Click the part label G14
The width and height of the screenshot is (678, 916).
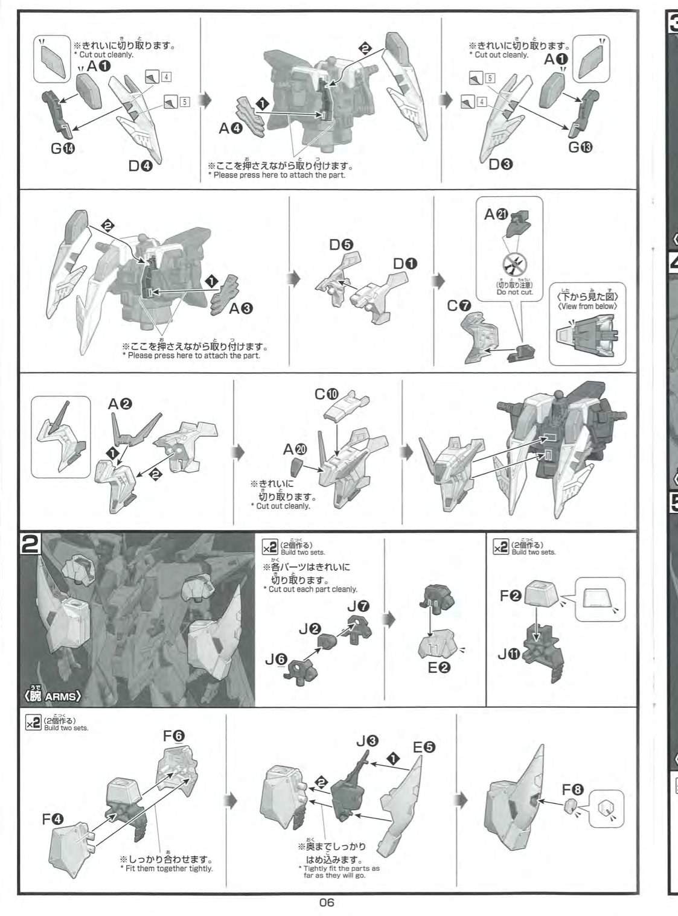pyautogui.click(x=63, y=148)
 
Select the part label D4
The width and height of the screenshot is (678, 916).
pyautogui.click(x=141, y=165)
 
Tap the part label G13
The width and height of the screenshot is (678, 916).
pyautogui.click(x=580, y=147)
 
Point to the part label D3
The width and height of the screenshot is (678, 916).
pyautogui.click(x=501, y=164)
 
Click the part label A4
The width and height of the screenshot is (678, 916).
pyautogui.click(x=231, y=129)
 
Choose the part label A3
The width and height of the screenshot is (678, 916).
pyautogui.click(x=241, y=308)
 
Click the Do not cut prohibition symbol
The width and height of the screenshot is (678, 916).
pyautogui.click(x=514, y=266)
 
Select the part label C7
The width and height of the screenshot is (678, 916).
pyautogui.click(x=459, y=306)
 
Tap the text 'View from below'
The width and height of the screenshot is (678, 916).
pyautogui.click(x=587, y=306)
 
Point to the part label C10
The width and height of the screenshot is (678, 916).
pyautogui.click(x=327, y=395)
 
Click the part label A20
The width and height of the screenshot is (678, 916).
pyautogui.click(x=295, y=450)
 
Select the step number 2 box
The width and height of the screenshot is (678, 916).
pyautogui.click(x=30, y=544)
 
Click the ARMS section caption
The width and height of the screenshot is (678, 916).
pyautogui.click(x=50, y=696)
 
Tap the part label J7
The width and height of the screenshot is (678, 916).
pyautogui.click(x=358, y=606)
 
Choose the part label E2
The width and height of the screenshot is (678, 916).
pyautogui.click(x=439, y=667)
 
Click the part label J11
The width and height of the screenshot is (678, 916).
pyautogui.click(x=510, y=654)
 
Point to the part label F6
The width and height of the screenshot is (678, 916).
pyautogui.click(x=174, y=736)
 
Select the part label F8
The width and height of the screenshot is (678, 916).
pyautogui.click(x=573, y=790)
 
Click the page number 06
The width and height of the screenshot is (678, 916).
pyautogui.click(x=327, y=902)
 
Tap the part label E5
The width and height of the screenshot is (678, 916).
pyautogui.click(x=424, y=747)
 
